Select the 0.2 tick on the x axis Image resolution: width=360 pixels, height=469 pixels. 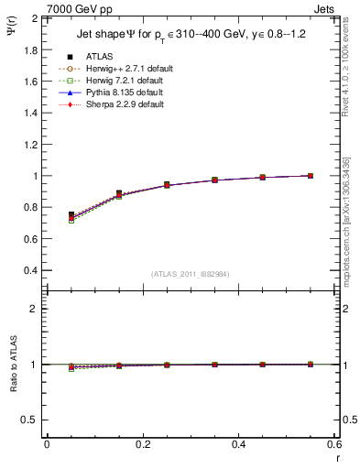pyautogui.click(x=143, y=444)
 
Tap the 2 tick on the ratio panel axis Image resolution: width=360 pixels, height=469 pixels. pyautogui.click(x=35, y=310)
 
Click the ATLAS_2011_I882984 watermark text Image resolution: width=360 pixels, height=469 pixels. pyautogui.click(x=191, y=273)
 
